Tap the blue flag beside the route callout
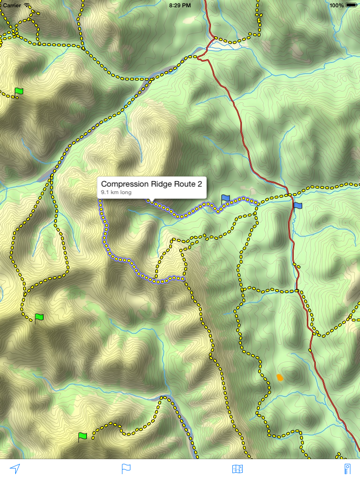tap(226, 199)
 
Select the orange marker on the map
tap(280, 377)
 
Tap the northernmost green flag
tap(19, 92)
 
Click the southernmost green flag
tap(83, 435)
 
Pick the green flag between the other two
tap(39, 317)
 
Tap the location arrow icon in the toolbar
tap(15, 468)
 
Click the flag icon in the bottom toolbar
tap(126, 468)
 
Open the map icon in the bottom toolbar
tap(237, 468)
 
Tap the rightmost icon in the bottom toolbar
tap(348, 468)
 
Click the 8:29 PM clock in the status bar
tap(180, 4)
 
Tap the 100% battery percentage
tap(336, 4)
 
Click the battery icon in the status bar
tap(352, 4)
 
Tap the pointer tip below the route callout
tap(151, 202)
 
